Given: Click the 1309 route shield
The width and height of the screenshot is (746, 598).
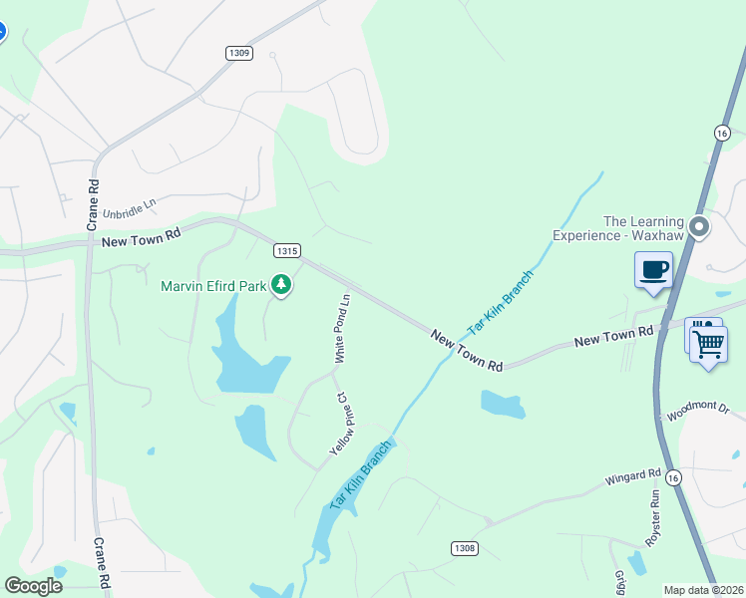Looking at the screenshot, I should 238,53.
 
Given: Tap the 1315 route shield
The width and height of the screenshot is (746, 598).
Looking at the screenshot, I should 287,251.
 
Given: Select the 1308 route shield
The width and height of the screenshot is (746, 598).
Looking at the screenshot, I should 464,548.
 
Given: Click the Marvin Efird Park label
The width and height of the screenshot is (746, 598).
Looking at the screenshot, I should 213,286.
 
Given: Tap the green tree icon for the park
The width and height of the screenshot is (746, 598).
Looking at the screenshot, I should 282,286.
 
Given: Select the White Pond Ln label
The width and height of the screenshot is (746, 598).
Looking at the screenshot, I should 342,328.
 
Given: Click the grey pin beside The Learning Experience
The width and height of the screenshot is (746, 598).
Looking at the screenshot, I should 699,226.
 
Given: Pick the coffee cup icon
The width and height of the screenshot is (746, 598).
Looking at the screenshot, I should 653,269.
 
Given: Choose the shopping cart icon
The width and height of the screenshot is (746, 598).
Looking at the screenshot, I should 707,344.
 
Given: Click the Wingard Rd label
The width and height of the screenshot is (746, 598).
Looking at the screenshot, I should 632,478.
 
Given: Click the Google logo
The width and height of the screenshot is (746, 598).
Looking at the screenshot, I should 33,585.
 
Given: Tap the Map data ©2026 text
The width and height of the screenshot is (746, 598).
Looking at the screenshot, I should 703,590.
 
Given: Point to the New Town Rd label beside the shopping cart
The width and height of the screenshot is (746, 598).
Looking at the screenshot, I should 613,336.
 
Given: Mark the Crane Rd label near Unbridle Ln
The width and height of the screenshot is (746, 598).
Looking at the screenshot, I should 94,204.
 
